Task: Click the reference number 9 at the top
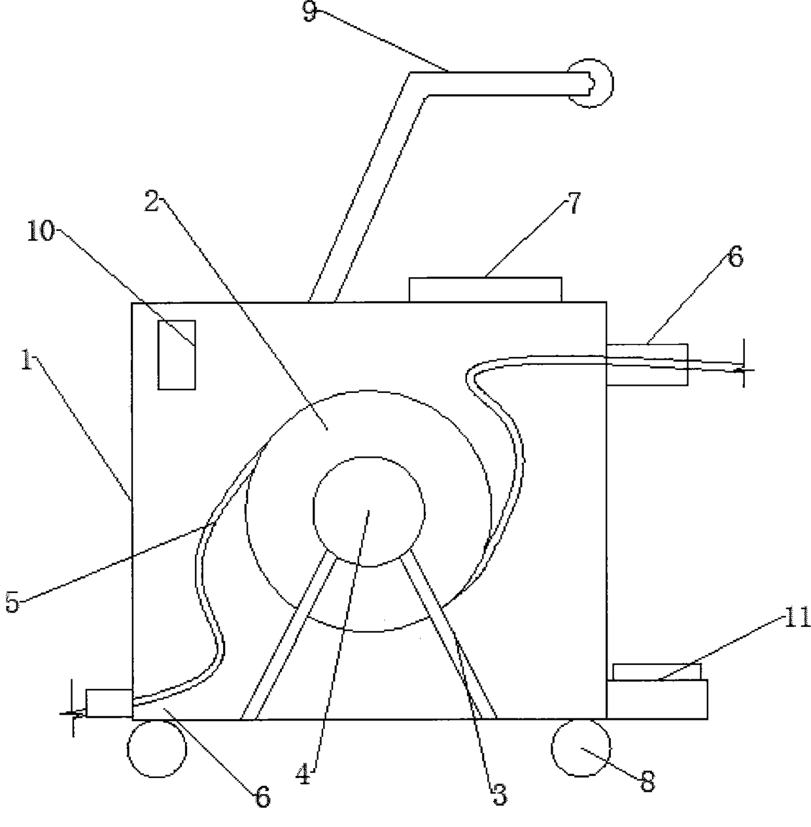tap(309, 13)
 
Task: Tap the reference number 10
tap(40, 231)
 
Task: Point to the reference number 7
tap(573, 204)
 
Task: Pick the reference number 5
tap(12, 602)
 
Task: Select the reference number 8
tap(647, 781)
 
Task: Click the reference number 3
tap(499, 794)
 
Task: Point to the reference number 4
tap(302, 775)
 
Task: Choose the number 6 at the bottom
tap(262, 798)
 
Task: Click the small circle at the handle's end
tap(590, 83)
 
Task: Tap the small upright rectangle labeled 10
tap(177, 355)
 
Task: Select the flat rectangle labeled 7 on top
tap(485, 290)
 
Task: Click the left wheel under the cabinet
tap(156, 748)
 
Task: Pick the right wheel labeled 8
tap(581, 748)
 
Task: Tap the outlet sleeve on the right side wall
tap(647, 364)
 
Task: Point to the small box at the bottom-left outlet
tap(109, 703)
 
